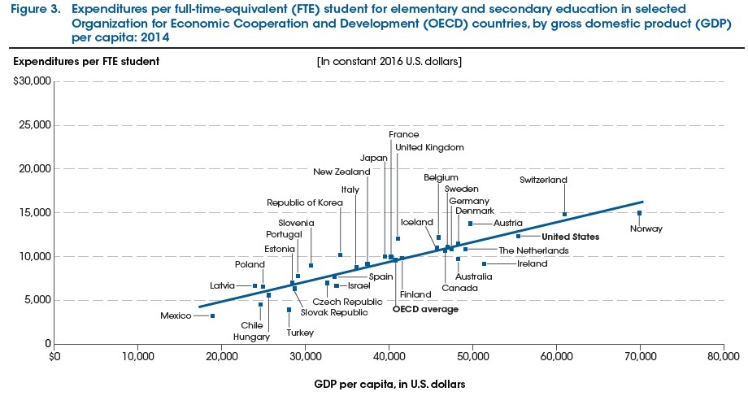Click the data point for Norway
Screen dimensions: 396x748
[639, 213]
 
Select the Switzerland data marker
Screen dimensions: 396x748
[564, 215]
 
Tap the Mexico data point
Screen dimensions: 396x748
[213, 315]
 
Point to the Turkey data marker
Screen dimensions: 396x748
[289, 310]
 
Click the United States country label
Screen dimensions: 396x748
[571, 237]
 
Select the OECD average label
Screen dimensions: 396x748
[425, 309]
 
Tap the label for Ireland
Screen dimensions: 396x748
[532, 263]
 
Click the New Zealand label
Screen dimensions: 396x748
[341, 172]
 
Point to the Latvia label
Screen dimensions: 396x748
[222, 285]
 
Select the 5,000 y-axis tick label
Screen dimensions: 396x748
[36, 300]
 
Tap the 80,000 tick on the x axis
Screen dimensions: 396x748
[723, 355]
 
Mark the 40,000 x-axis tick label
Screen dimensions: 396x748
[389, 355]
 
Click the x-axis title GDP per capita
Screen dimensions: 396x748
[389, 381]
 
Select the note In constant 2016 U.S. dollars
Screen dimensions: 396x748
[389, 61]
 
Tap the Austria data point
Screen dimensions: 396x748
[470, 223]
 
